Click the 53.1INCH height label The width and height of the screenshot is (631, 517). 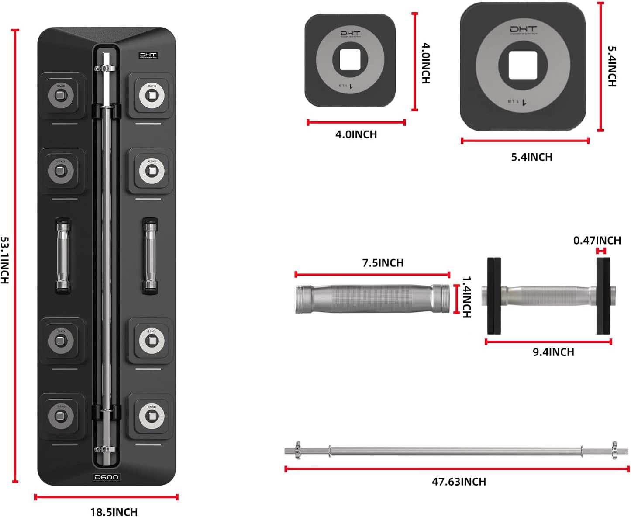(5, 260)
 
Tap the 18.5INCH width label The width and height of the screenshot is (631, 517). (114, 511)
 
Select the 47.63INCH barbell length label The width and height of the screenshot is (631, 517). (459, 481)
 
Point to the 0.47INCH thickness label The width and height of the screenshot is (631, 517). (597, 240)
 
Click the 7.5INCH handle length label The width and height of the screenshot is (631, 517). (383, 263)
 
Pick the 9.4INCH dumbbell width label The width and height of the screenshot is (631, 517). (553, 352)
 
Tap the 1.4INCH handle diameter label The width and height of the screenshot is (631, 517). (467, 297)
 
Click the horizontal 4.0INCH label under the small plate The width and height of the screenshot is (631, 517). (356, 134)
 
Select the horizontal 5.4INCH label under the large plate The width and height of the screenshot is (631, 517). (531, 157)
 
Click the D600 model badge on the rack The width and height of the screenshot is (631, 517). (107, 477)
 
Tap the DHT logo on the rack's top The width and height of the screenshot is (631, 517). (148, 55)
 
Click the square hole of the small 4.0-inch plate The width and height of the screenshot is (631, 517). (350, 60)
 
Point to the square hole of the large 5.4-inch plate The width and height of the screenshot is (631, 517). (523, 65)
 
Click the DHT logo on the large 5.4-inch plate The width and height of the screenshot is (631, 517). (523, 30)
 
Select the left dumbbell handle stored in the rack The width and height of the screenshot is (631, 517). (63, 255)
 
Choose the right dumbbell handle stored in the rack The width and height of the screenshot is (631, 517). (150, 255)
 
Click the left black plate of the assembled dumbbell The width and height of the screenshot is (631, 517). (494, 296)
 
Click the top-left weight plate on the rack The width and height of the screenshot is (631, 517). (61, 94)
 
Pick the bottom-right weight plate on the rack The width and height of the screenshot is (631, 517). (151, 416)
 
